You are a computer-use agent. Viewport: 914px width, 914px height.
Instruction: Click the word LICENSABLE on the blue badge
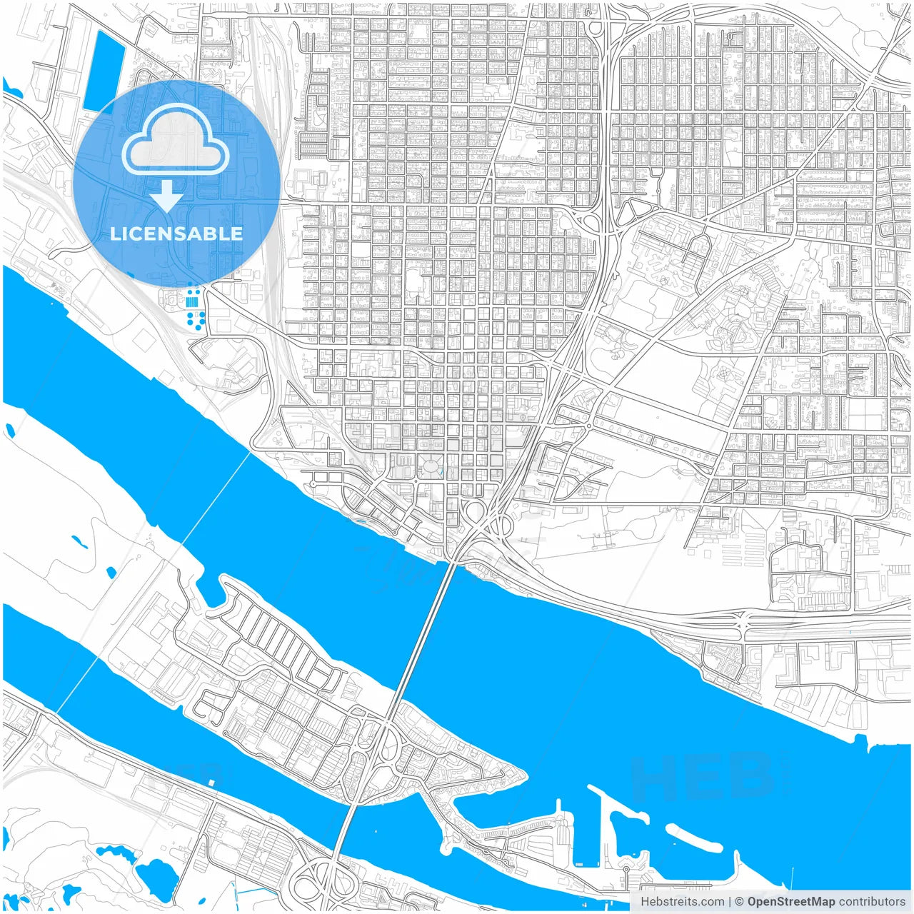coord(176,233)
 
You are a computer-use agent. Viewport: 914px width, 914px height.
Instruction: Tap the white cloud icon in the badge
coord(176,141)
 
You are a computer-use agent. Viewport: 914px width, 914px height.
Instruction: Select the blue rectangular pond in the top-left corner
coord(103,71)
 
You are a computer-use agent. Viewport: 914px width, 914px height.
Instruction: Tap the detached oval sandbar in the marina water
coord(696,840)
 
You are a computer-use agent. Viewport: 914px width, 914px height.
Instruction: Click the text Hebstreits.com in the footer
coord(681,902)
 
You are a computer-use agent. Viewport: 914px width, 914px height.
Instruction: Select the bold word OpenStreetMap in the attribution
coord(790,902)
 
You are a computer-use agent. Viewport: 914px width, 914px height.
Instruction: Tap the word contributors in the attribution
coord(872,902)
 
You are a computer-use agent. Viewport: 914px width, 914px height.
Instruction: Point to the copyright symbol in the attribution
coord(740,902)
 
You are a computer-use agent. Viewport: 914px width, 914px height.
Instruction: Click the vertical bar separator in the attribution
coord(729,902)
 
